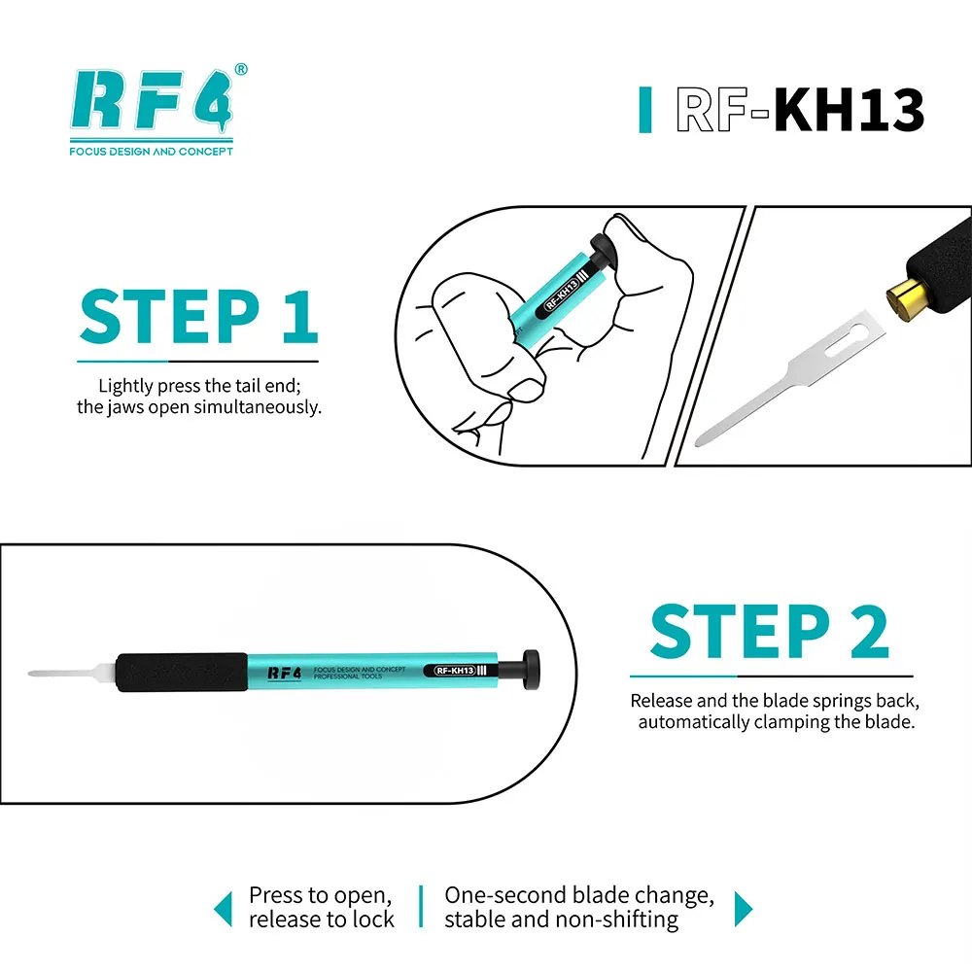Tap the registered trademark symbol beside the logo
[241, 69]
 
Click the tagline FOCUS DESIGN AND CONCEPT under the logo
[152, 152]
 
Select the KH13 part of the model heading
[850, 110]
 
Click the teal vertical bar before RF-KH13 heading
[645, 110]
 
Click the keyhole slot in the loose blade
[847, 341]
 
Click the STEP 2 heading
[770, 632]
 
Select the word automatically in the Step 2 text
[694, 722]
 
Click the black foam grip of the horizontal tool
[182, 672]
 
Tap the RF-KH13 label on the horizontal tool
[456, 670]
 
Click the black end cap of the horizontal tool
[531, 670]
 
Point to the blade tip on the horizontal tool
[30, 674]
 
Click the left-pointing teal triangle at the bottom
[224, 910]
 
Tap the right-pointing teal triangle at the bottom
[744, 910]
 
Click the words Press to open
[320, 896]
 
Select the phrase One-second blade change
[579, 896]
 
